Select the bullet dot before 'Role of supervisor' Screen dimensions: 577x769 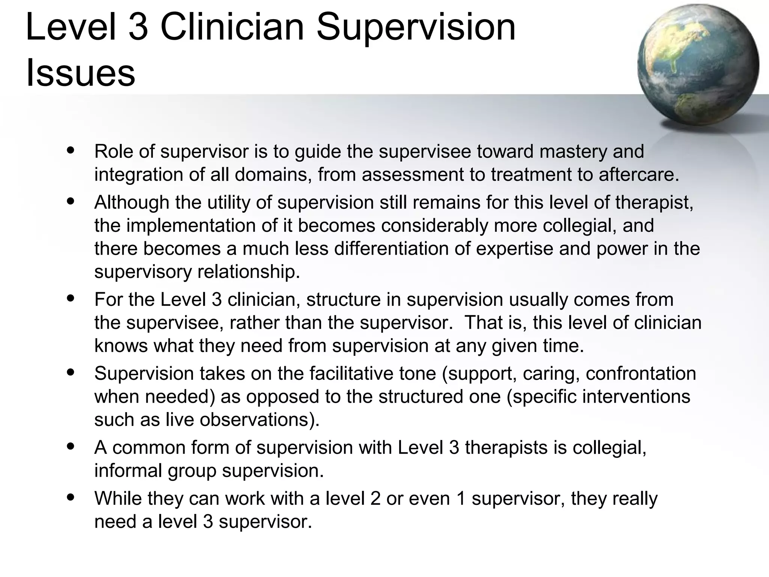click(x=71, y=150)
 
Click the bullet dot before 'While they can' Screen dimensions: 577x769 click(x=71, y=497)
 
